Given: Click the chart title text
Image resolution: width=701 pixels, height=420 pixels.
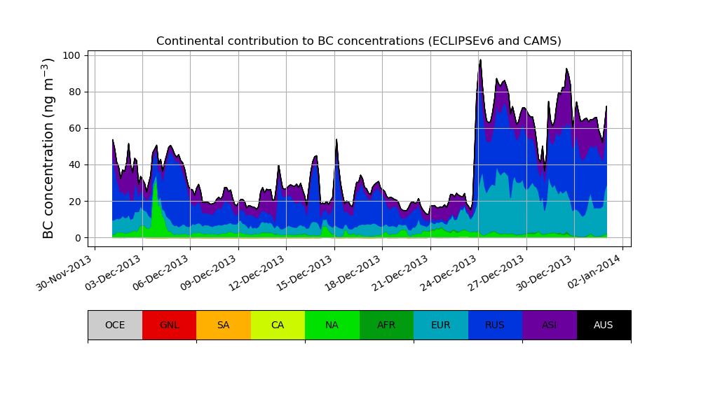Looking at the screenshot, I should [x=358, y=41].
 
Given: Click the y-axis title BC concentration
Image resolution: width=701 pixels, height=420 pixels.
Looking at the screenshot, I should [x=48, y=148].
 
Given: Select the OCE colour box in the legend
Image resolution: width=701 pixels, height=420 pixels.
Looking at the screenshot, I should [x=115, y=325].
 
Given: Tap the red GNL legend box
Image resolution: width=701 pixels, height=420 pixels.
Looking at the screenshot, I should [x=169, y=325].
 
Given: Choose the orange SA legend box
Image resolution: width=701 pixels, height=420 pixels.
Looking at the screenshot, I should [x=224, y=325].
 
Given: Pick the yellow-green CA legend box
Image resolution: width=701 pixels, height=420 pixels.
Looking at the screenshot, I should [x=278, y=325].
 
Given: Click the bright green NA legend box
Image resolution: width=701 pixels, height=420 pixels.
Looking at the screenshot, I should [x=332, y=325].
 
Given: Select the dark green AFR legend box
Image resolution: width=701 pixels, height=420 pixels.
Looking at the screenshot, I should [x=386, y=325].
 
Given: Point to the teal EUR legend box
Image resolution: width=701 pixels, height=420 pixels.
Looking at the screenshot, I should [x=441, y=325].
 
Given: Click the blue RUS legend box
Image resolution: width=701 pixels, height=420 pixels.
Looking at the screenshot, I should [x=495, y=325].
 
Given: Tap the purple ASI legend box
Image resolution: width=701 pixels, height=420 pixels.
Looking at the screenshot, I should [x=550, y=325].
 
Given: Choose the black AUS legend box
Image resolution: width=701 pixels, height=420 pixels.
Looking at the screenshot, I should [x=604, y=325].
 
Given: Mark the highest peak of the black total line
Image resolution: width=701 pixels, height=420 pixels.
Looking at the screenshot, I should [x=480, y=60].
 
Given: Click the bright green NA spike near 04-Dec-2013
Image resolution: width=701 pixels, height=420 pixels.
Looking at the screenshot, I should [x=155, y=183].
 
